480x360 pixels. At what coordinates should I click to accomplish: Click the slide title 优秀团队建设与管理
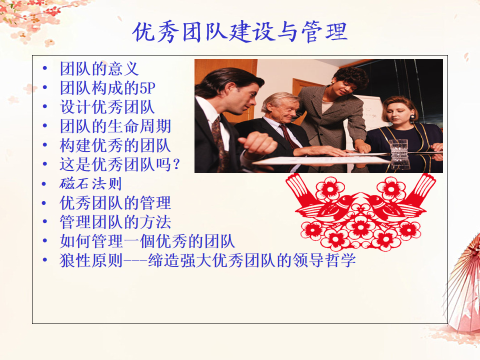click(240, 32)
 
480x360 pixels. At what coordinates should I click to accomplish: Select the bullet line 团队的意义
click(99, 68)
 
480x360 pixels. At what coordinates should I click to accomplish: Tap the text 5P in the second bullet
click(147, 88)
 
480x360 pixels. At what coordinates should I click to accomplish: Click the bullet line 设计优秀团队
click(107, 107)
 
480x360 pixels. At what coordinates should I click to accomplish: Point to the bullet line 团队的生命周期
click(115, 126)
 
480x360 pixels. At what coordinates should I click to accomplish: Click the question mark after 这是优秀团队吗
click(176, 164)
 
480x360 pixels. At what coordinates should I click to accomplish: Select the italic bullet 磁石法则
click(90, 183)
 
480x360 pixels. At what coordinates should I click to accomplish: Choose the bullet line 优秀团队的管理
click(115, 202)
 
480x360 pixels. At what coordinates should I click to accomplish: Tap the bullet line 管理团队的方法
click(115, 222)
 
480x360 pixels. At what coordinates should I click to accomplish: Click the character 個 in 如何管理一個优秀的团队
click(148, 241)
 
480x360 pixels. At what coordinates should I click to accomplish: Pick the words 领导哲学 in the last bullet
click(324, 260)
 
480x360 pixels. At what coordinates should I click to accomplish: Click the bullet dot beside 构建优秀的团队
click(45, 145)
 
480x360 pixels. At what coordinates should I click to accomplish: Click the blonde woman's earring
click(412, 116)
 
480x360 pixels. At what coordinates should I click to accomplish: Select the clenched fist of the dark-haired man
click(258, 143)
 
